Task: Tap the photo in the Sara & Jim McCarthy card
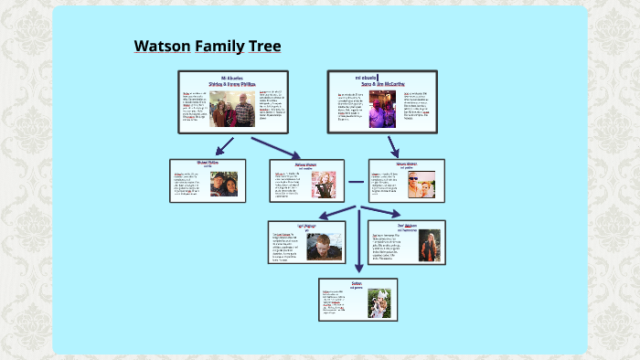pos(382,108)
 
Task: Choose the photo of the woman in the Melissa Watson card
pos(324,185)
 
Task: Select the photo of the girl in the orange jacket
pos(429,245)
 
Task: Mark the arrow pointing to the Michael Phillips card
pos(224,146)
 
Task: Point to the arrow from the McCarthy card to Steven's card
pos(393,146)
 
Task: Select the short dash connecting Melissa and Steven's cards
pos(356,182)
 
